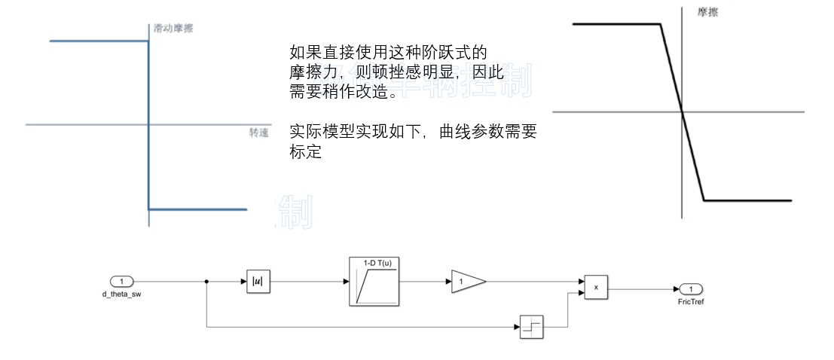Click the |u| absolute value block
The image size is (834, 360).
258,282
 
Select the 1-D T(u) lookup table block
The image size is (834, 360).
374,281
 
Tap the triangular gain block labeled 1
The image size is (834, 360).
466,282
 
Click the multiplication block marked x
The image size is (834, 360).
596,287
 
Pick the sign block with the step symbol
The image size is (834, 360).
531,327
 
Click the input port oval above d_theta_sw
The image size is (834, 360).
121,282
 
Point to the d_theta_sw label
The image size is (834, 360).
121,294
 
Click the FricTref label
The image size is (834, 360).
691,301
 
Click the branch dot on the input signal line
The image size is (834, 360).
206,282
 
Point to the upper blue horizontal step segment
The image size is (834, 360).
98,41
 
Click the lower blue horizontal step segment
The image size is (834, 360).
197,209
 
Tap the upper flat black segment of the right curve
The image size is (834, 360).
616,25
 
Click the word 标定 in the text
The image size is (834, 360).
305,152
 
